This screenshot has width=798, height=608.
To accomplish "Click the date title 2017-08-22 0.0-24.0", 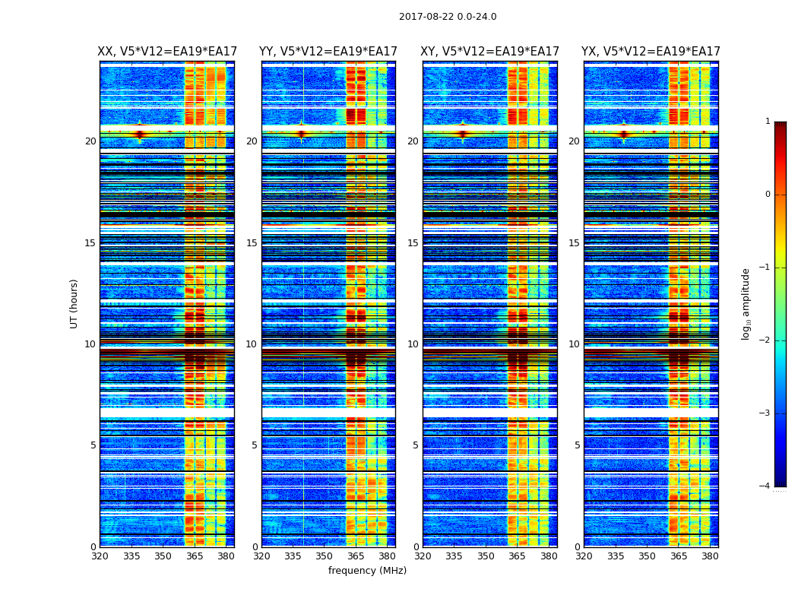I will tap(448, 17).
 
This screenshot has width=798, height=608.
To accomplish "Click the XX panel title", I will tap(167, 52).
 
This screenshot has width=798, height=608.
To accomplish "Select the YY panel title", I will tap(328, 52).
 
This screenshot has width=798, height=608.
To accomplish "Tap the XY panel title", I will tap(490, 52).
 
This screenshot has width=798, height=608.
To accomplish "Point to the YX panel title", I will tap(651, 52).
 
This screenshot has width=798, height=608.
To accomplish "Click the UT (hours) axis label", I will tap(74, 303).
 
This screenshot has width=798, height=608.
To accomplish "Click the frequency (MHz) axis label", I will tap(367, 571).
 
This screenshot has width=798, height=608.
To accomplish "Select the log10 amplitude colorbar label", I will tap(746, 303).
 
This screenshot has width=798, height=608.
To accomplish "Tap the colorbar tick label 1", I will tap(767, 122).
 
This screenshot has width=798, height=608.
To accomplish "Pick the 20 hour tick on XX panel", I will tap(90, 141).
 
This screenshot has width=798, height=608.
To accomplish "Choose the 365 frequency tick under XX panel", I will tap(195, 556).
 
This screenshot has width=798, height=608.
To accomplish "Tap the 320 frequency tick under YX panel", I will tap(584, 556).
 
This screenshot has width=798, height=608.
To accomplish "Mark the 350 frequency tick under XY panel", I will tap(486, 556).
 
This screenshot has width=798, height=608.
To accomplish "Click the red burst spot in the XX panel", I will tap(140, 134).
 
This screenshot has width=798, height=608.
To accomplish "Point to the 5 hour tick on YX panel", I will tap(577, 445).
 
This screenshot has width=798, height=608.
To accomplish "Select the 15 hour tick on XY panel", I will tap(413, 243).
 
